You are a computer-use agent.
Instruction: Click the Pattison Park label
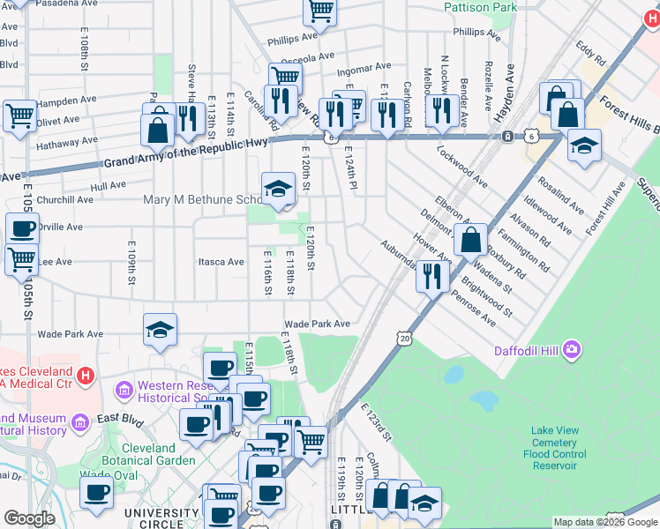[480, 7]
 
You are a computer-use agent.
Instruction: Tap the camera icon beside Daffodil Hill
[572, 350]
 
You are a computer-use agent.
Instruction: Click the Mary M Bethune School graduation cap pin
[278, 189]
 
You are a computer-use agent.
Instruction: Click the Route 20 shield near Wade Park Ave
[404, 338]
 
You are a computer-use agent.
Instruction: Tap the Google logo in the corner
[29, 518]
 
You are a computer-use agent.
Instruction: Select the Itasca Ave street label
[221, 262]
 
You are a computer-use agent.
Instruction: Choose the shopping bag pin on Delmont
[472, 237]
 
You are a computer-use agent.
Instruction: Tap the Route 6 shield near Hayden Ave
[508, 137]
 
